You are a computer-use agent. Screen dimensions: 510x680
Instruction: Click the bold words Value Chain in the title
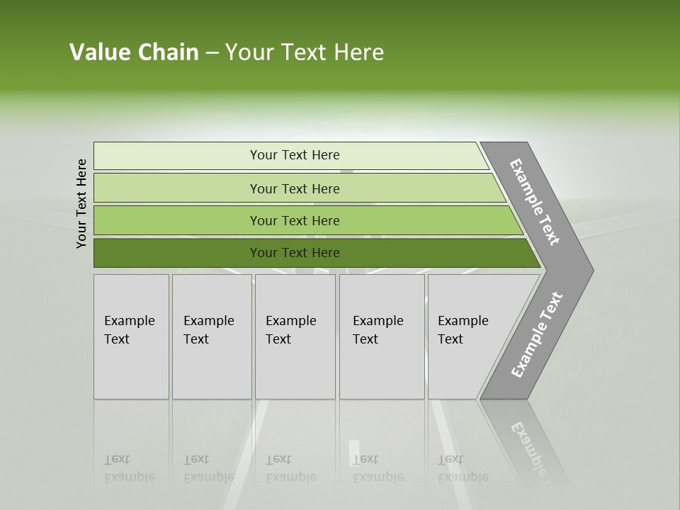click(134, 52)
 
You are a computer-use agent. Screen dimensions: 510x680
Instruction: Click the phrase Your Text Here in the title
click(305, 52)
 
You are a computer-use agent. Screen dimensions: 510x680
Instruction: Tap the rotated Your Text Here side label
click(81, 203)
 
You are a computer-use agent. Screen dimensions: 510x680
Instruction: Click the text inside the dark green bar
click(295, 253)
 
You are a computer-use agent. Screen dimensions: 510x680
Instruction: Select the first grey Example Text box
click(131, 336)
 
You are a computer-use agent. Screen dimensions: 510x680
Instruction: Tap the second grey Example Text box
click(212, 336)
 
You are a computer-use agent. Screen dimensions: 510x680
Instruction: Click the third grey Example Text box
click(295, 336)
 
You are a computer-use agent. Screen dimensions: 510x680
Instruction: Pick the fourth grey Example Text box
click(382, 336)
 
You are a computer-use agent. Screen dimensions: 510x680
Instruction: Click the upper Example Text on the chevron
click(535, 202)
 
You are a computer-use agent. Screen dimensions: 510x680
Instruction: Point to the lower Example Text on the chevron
click(537, 335)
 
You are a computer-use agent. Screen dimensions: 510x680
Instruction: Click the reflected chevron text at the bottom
click(528, 446)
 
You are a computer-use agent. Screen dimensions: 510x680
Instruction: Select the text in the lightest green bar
click(295, 155)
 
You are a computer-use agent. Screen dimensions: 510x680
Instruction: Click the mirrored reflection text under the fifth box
click(463, 468)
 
